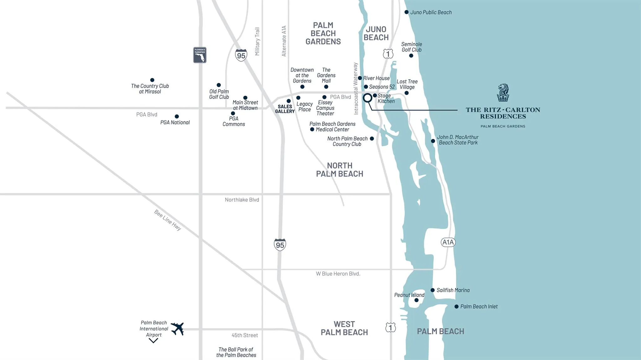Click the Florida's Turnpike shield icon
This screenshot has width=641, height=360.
200,55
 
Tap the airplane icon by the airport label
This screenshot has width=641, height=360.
177,329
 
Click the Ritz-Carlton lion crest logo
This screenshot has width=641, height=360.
503,93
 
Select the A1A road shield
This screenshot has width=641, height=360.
448,242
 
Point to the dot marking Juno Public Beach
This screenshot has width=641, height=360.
407,12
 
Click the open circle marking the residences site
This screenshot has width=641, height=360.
367,98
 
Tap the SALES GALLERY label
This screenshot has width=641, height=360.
285,109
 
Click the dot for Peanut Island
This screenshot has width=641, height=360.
417,300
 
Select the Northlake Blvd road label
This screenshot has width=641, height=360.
242,200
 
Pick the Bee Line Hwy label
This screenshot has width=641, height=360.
168,220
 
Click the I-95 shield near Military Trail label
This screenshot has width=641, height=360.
241,55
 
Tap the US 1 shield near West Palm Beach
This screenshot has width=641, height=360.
391,327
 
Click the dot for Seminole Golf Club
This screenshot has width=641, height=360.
411,56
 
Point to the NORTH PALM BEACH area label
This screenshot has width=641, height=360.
340,170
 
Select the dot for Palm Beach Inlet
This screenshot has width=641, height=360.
457,307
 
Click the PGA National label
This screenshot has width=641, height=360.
175,122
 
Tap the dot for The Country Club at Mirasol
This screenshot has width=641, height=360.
152,80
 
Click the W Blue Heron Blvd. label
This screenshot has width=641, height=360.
338,274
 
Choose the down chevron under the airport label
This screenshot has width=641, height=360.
153,341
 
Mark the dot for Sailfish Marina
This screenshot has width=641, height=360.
433,290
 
